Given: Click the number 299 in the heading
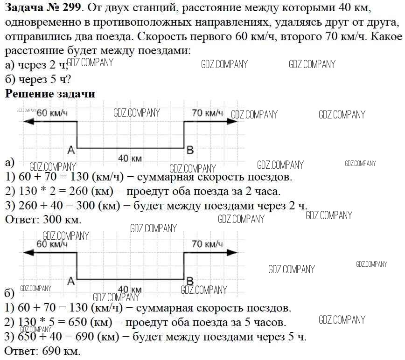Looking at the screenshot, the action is (x=71, y=8).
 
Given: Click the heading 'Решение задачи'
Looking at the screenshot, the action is (x=50, y=94).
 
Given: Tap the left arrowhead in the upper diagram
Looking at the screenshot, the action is (x=28, y=121).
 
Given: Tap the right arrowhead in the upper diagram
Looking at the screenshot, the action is (x=232, y=121).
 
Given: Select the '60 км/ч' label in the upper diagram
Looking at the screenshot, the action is (x=52, y=113).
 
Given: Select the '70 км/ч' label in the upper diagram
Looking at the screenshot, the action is (x=208, y=113).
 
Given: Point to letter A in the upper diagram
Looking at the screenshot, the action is (x=71, y=150).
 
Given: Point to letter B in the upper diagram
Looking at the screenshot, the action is (x=190, y=150).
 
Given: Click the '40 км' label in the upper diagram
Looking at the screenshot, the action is (x=130, y=158).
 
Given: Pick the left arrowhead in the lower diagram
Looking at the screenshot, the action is (x=28, y=252).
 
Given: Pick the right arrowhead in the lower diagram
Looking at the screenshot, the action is (x=232, y=252).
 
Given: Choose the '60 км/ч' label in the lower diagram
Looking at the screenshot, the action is (x=52, y=244).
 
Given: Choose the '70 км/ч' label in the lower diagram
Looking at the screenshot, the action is (x=208, y=244).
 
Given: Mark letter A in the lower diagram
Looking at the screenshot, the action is (x=71, y=281).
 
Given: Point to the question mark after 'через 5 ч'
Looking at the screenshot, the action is (x=68, y=79).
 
